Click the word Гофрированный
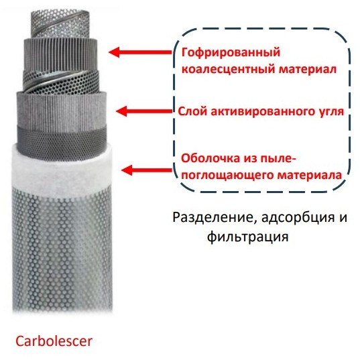231,53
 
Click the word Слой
192,111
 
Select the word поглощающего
229,176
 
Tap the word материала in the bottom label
310,175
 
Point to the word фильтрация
248,237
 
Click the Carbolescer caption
54,341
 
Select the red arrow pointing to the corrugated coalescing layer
140,52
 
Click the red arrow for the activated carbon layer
144,111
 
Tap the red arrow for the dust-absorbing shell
147,170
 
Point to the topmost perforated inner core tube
60,23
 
